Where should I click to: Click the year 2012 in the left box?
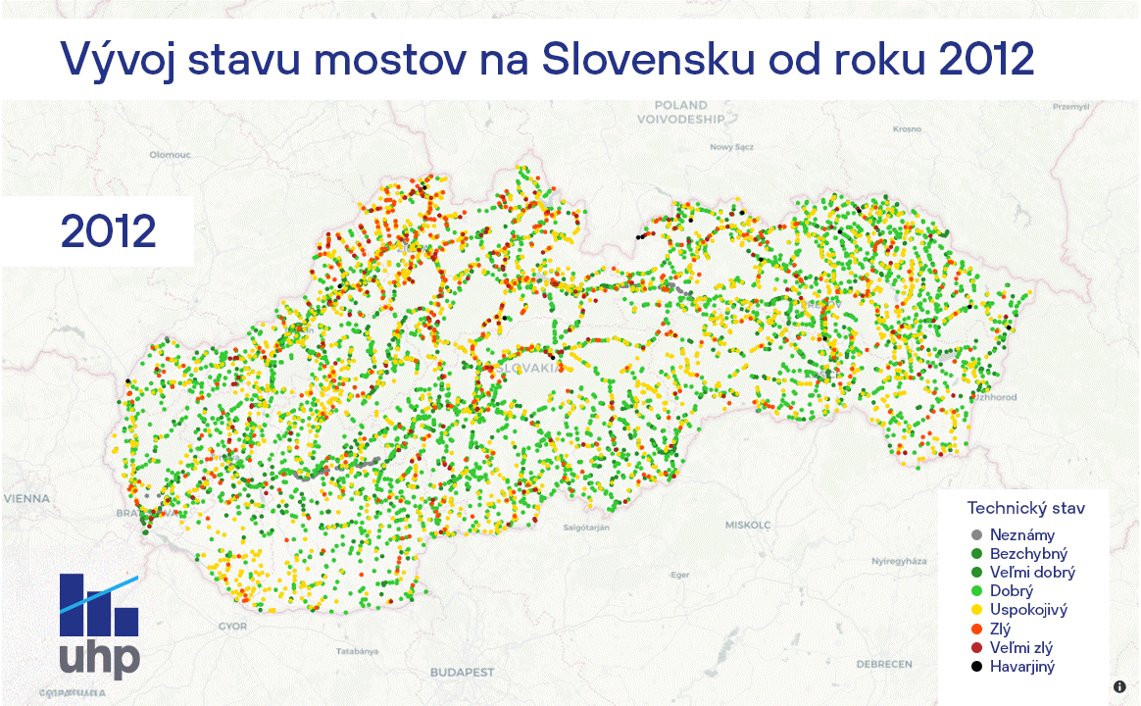point(109,230)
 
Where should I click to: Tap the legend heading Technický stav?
point(1025,507)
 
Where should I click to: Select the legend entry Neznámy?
point(1022,535)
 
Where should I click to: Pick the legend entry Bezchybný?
point(1028,554)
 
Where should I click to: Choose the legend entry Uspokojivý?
point(1028,610)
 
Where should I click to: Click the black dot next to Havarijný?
point(976,667)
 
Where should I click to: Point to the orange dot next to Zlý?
point(976,630)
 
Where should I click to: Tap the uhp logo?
point(99,627)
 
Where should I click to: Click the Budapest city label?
point(462,673)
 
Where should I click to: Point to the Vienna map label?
point(25,498)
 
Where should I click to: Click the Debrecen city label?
point(890,664)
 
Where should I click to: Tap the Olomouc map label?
point(170,155)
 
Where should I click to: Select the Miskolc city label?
point(748,525)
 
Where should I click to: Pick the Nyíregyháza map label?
point(899,561)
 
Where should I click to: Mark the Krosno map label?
point(907,128)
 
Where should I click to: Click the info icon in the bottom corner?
point(1119,687)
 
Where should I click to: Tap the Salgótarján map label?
point(586,528)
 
